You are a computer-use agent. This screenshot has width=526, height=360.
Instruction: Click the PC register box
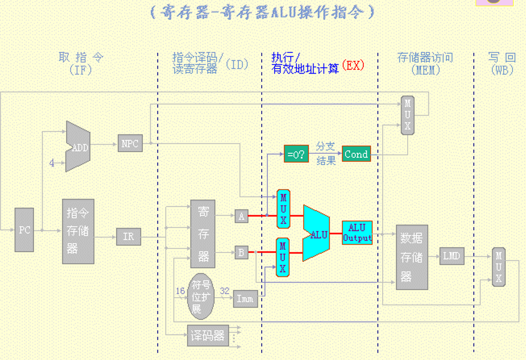(24, 230)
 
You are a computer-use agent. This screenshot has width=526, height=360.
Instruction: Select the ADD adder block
(78, 148)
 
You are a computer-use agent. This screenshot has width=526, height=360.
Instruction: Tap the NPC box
(129, 143)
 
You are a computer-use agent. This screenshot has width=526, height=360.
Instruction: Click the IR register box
(128, 237)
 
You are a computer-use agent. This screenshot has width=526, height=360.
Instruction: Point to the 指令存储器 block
(78, 231)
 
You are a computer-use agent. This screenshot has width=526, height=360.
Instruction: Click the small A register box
(241, 217)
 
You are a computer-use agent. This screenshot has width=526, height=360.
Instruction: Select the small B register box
(241, 252)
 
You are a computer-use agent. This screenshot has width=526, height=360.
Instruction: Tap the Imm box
(245, 299)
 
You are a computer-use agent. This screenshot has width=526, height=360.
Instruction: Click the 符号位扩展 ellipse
(200, 296)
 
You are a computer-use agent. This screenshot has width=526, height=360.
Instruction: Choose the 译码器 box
(207, 336)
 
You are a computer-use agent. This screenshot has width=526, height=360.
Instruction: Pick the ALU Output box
(357, 233)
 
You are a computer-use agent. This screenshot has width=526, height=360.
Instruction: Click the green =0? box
(296, 154)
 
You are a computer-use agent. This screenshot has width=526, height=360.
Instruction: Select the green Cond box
(356, 154)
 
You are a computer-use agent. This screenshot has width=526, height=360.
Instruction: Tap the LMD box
(452, 256)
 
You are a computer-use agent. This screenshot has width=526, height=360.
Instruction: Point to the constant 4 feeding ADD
(52, 163)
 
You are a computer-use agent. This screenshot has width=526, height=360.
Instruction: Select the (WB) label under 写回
(502, 70)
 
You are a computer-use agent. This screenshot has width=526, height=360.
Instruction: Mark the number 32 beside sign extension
(224, 291)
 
